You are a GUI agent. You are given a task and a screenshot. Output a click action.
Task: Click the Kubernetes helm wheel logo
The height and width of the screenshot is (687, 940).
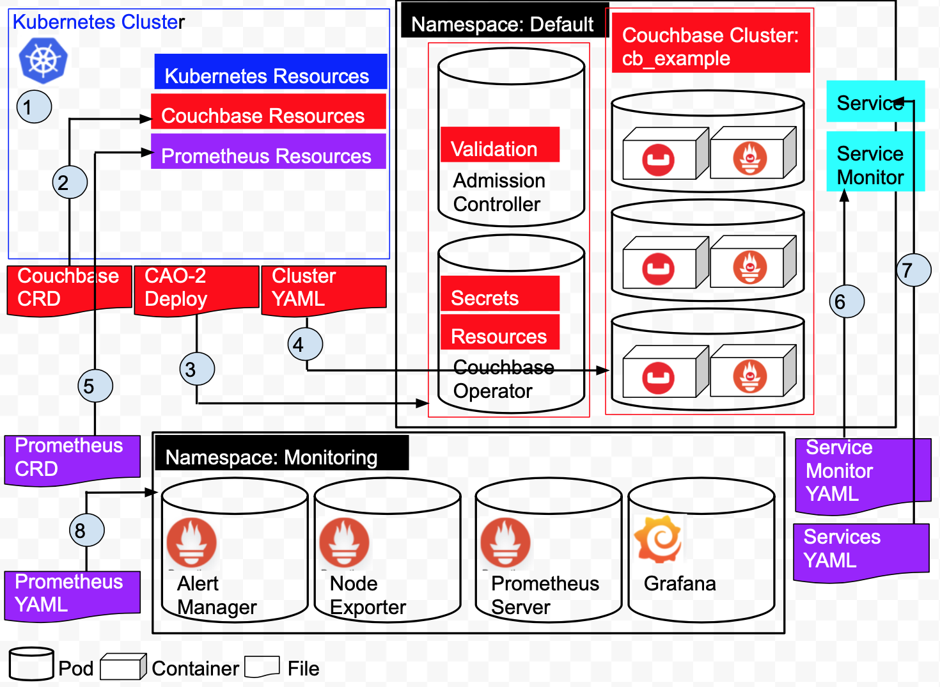[43, 60]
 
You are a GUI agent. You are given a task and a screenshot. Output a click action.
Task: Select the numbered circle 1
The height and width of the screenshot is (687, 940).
[34, 107]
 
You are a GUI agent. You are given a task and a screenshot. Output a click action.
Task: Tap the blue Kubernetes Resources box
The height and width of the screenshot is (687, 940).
[270, 72]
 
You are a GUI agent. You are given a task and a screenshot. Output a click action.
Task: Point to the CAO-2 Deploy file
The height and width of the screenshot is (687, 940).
[196, 288]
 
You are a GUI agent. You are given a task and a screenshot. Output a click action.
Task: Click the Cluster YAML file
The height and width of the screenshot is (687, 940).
[324, 288]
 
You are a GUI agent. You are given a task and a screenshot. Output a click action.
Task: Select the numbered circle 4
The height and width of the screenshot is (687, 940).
[305, 344]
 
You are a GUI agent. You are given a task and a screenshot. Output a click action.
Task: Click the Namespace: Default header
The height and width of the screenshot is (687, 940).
[503, 24]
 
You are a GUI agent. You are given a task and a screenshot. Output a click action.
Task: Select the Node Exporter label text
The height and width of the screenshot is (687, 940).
[367, 596]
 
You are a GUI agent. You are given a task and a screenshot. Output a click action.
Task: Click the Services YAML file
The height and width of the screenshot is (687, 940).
[860, 550]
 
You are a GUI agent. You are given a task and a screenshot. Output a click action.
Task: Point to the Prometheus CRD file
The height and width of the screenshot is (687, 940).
[72, 458]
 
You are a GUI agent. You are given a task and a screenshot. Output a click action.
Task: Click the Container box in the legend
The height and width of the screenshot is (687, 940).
[123, 667]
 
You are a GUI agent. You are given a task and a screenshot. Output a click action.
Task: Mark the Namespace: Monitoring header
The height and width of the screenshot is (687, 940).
[281, 454]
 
